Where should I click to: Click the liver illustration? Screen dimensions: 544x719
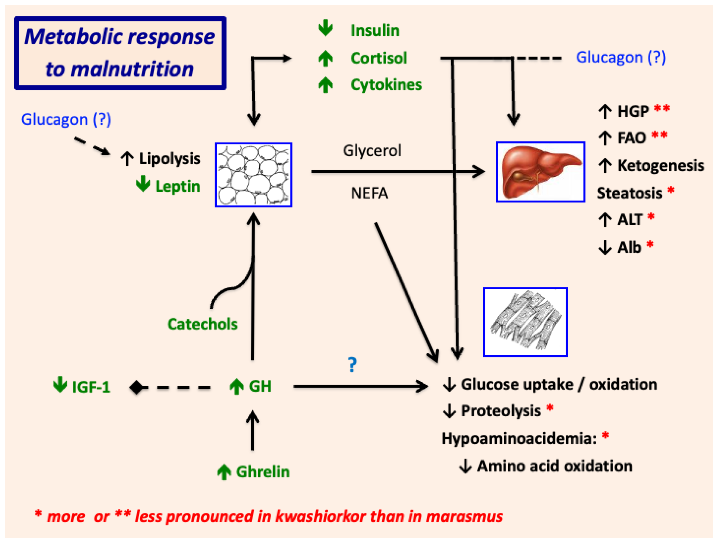pos(540,172)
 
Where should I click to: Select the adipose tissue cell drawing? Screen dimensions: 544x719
pos(253,175)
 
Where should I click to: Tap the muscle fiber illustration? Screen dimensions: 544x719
pos(525,322)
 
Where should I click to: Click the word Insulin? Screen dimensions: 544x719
pos(375,31)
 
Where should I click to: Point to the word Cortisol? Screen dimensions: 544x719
pos(379,58)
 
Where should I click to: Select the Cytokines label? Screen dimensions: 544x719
pos(386,85)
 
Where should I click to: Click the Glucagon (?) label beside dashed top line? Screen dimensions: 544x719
pos(621,58)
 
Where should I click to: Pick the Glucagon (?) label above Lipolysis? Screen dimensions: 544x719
pos(66,119)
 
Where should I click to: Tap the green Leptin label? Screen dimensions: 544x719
pos(177,186)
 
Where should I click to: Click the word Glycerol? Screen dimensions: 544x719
pos(372,151)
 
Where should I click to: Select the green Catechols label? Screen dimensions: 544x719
pos(202,324)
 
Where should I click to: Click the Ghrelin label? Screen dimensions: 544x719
pos(263,472)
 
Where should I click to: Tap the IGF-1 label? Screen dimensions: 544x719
pos(91,387)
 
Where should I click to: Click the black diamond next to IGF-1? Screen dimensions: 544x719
pos(136,387)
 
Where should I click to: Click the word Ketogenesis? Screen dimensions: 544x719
pos(660,165)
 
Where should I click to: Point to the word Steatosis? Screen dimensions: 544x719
pos(629,193)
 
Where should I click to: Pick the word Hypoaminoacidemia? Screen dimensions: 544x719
pos(519,439)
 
